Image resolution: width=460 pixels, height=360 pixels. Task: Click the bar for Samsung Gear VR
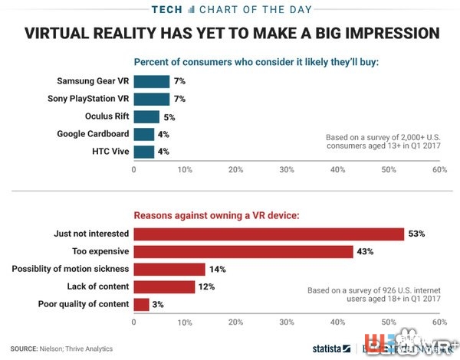click(151, 81)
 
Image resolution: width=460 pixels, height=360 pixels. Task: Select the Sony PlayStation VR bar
click(151, 99)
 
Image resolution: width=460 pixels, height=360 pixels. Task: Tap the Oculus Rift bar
click(146, 116)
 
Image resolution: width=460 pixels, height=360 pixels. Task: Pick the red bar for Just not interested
click(268, 234)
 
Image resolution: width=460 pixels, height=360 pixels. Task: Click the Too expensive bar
click(243, 251)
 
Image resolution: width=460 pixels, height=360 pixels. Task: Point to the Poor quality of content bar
click(141, 304)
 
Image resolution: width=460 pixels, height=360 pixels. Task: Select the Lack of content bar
click(164, 286)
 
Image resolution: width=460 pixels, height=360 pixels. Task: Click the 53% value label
click(417, 234)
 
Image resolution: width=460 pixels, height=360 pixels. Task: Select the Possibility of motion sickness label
click(71, 269)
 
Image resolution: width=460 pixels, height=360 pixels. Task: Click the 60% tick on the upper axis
click(439, 169)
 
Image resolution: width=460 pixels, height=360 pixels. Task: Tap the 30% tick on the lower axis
click(287, 322)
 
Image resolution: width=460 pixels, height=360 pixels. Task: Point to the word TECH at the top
click(173, 9)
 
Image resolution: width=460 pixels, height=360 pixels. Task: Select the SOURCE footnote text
click(61, 349)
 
